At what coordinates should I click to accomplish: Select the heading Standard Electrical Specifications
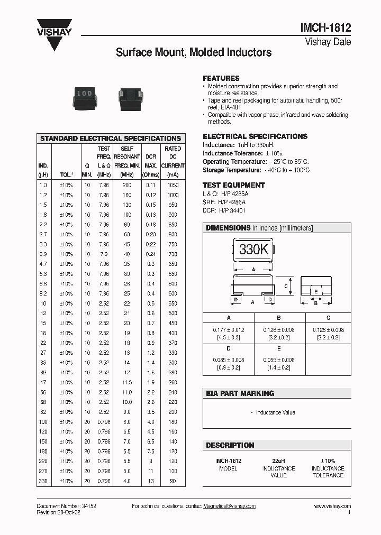[x=111, y=139]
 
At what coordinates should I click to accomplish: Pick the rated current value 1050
[x=173, y=185]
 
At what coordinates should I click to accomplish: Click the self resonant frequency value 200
[x=127, y=185]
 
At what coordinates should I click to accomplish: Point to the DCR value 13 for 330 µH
[x=151, y=481]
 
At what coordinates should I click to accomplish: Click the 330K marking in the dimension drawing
[x=253, y=250]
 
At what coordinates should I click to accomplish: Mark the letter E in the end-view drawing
[x=316, y=291]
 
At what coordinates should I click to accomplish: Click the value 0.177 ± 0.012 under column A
[x=229, y=330]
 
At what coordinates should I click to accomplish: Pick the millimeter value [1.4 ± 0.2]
[x=279, y=367]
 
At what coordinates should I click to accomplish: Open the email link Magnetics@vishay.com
[x=229, y=506]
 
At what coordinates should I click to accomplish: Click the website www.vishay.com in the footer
[x=332, y=506]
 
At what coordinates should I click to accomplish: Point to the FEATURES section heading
[x=221, y=78]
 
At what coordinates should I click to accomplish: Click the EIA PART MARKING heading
[x=240, y=393]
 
